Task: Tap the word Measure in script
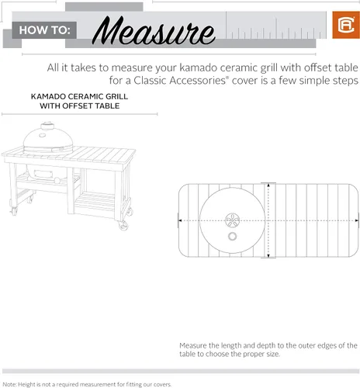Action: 154,32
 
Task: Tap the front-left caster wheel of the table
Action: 12,210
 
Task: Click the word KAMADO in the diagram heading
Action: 48,96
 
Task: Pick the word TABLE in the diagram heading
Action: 105,106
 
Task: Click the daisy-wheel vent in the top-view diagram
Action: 232,219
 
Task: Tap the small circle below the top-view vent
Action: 232,236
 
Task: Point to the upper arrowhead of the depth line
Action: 269,185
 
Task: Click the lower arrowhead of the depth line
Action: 269,256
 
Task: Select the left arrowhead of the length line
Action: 182,220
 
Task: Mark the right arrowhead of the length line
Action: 356,220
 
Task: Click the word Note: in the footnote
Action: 9,384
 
